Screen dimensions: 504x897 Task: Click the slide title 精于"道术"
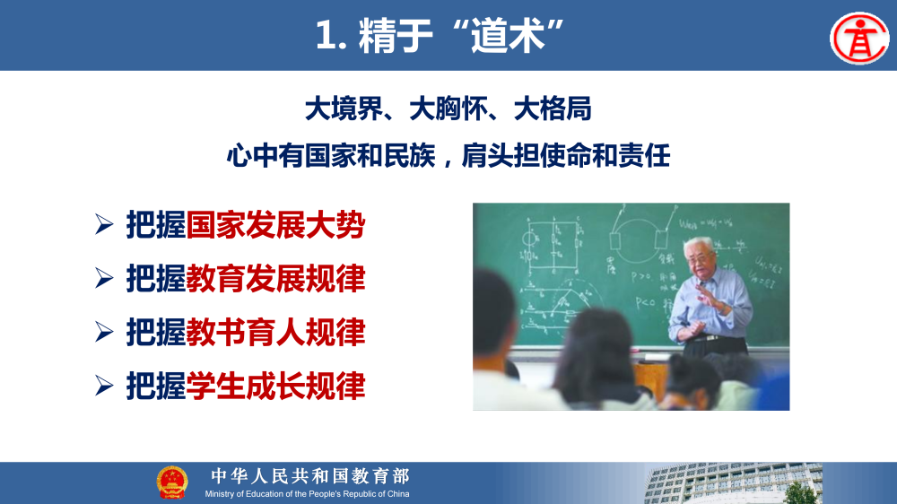click(x=443, y=35)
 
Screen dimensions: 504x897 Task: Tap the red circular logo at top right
click(x=858, y=38)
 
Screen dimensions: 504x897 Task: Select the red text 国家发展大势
click(x=275, y=225)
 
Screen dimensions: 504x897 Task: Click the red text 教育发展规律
click(x=275, y=279)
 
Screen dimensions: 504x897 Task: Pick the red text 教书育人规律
click(x=275, y=333)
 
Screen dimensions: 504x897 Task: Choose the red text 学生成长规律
click(x=275, y=387)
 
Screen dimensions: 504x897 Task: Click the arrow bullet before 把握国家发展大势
click(x=104, y=225)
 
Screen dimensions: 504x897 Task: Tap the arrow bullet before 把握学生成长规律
click(x=104, y=387)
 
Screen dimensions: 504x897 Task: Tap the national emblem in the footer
click(x=172, y=482)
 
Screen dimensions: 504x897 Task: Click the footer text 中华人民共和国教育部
click(x=309, y=476)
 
